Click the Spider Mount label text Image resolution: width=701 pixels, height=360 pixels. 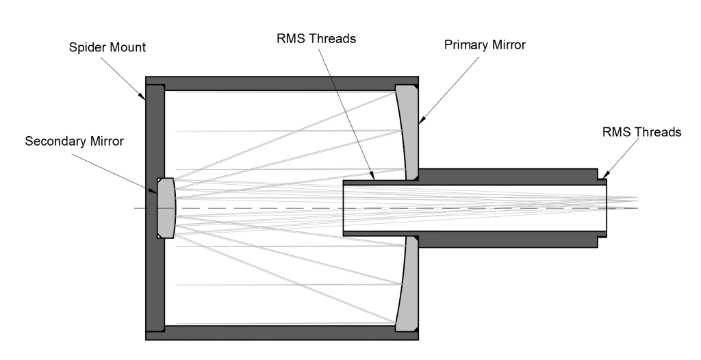(x=107, y=49)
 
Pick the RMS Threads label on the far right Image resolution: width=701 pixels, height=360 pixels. (x=641, y=132)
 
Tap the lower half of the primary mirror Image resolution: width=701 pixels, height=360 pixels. (x=408, y=284)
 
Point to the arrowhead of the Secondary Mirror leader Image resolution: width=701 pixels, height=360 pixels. (x=157, y=191)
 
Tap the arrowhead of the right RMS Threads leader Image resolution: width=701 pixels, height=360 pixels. (x=599, y=180)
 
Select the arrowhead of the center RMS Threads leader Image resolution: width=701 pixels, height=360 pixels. (x=373, y=180)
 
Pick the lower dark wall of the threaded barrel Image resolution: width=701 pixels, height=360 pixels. (x=507, y=240)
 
